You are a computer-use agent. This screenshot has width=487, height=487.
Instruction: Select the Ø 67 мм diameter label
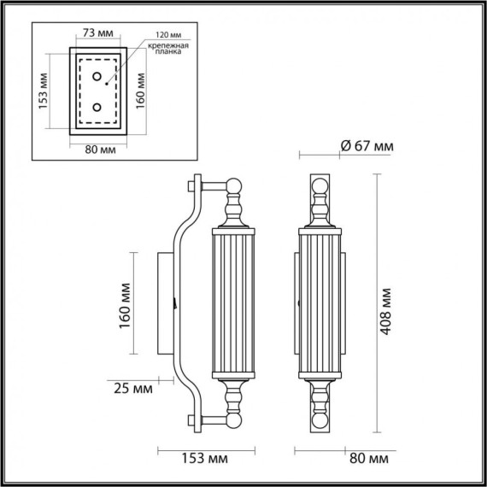(367, 146)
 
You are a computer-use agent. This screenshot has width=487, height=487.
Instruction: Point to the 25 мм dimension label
(132, 389)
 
